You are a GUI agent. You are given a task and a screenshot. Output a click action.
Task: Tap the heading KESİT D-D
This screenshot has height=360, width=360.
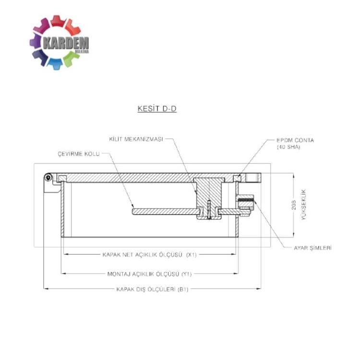[157, 108]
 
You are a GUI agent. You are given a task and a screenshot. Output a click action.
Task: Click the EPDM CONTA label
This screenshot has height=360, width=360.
[295, 140]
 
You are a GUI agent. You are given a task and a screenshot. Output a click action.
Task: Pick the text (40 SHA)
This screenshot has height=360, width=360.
[288, 147]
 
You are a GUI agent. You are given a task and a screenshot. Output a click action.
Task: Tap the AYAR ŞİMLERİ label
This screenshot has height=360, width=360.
[312, 248]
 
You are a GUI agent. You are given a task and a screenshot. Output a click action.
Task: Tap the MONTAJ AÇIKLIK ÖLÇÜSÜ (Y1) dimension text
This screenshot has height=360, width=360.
[150, 275]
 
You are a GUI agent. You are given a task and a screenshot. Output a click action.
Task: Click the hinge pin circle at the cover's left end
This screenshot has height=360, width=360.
[48, 178]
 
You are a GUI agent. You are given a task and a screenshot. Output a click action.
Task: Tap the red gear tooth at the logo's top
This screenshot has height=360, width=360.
[58, 20]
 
